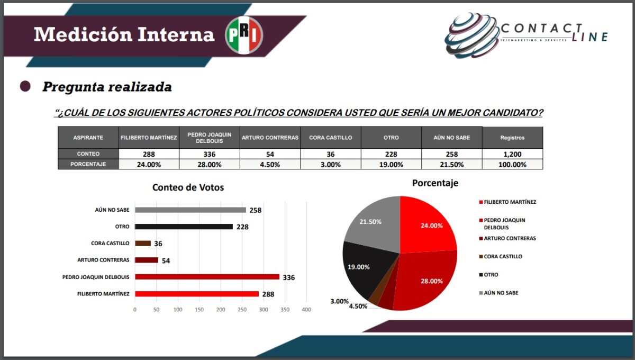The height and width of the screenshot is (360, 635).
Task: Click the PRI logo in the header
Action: [x=244, y=35]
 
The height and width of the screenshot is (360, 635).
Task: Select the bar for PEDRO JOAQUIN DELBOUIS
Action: [x=207, y=277]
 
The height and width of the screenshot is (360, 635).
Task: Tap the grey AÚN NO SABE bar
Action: [x=190, y=210]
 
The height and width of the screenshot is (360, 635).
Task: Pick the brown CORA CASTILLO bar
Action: [x=143, y=244]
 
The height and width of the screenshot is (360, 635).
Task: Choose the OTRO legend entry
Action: [x=491, y=275]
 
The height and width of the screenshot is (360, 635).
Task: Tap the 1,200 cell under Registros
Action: [x=512, y=154]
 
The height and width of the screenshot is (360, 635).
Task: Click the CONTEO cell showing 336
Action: [x=210, y=154]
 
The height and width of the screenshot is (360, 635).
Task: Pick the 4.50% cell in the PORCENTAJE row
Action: [x=270, y=164]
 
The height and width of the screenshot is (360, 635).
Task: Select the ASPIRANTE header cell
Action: [x=88, y=138]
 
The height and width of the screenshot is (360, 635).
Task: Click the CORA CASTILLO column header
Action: [x=331, y=138]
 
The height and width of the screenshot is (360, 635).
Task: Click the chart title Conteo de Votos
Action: [x=188, y=187]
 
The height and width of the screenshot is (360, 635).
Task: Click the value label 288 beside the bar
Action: [x=268, y=294]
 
